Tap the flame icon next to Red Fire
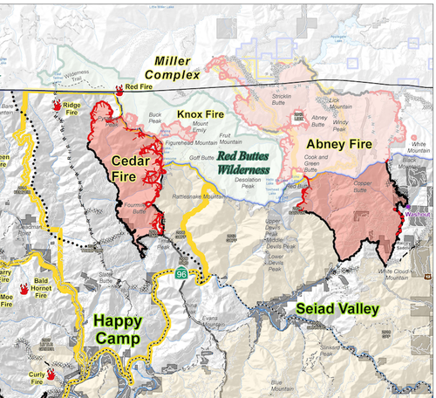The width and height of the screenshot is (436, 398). (119, 88)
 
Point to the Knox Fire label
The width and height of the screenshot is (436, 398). (201, 114)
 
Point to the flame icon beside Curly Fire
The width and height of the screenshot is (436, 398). (51, 373)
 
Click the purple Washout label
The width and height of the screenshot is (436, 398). (417, 212)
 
